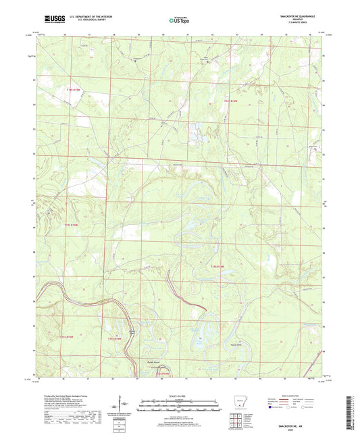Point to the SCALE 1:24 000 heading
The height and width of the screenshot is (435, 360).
point(179,395)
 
